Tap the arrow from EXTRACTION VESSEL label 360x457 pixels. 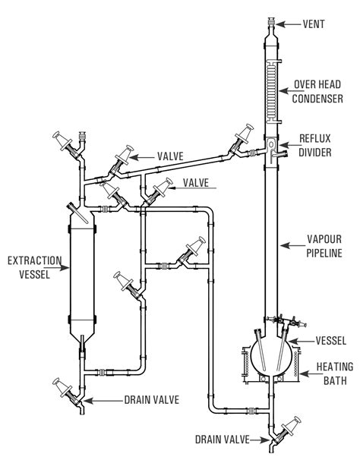(x=60, y=268)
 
